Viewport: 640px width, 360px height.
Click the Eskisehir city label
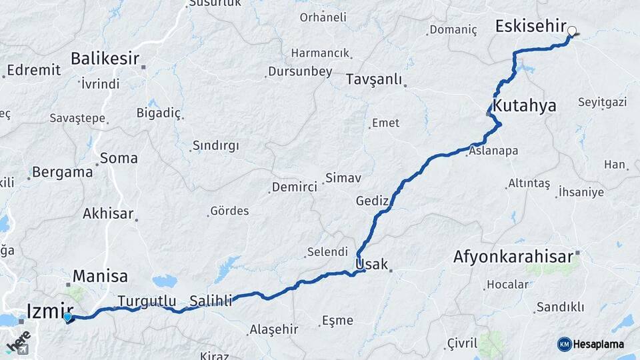(x=530, y=26)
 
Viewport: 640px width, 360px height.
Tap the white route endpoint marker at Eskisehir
(x=571, y=31)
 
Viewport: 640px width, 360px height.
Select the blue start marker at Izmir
(x=67, y=317)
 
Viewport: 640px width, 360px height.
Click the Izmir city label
(x=50, y=309)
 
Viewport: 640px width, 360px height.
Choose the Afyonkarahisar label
(x=513, y=257)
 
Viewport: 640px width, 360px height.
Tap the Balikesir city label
(x=105, y=59)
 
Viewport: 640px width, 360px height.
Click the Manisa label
(x=100, y=275)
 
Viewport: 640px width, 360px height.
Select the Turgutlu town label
(x=147, y=301)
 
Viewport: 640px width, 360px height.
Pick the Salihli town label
(x=211, y=301)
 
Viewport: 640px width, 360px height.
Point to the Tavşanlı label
(x=374, y=80)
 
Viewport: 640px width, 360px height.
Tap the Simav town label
(x=343, y=178)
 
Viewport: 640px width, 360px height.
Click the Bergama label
(x=63, y=172)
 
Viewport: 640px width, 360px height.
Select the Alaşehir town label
(x=273, y=329)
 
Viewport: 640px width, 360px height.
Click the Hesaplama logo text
(x=599, y=344)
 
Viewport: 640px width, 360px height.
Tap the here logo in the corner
(x=18, y=342)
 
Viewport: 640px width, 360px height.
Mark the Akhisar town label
(x=108, y=214)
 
